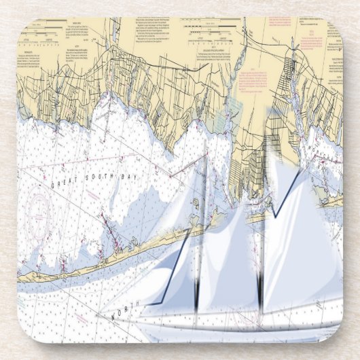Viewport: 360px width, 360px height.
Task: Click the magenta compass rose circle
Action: (x=37, y=207)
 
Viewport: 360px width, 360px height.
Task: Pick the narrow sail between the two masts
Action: (x=231, y=258)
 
